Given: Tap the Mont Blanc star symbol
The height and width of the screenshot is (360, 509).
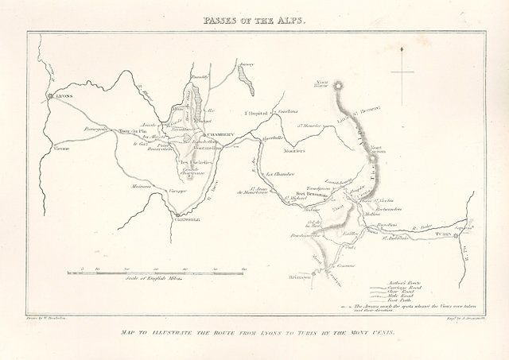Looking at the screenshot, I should [x=340, y=84].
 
